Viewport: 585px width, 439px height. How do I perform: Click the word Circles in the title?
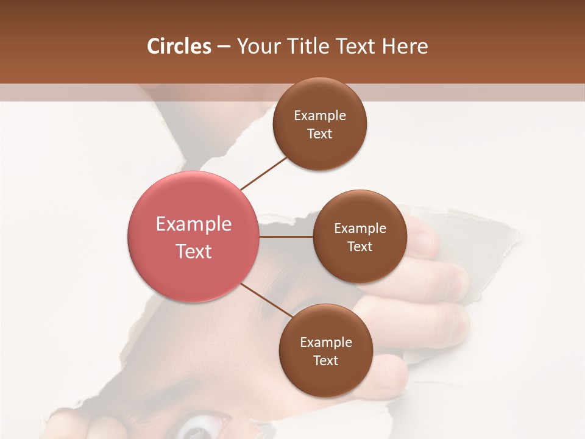click(179, 46)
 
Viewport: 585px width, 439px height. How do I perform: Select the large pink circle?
click(193, 237)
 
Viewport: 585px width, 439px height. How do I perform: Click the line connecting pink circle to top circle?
click(264, 173)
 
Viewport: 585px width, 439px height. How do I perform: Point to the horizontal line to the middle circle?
click(286, 237)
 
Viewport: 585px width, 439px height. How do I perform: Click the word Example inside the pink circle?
click(194, 224)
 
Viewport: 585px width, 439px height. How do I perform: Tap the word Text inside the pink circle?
click(194, 251)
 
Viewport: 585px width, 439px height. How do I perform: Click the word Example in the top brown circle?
click(320, 116)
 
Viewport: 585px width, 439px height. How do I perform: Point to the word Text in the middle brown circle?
click(360, 247)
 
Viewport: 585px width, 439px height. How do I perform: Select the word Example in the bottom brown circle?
click(326, 343)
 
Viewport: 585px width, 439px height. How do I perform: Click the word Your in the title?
click(257, 46)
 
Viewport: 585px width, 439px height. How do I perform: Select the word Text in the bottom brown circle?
click(326, 361)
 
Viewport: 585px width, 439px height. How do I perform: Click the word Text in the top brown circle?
click(320, 134)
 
